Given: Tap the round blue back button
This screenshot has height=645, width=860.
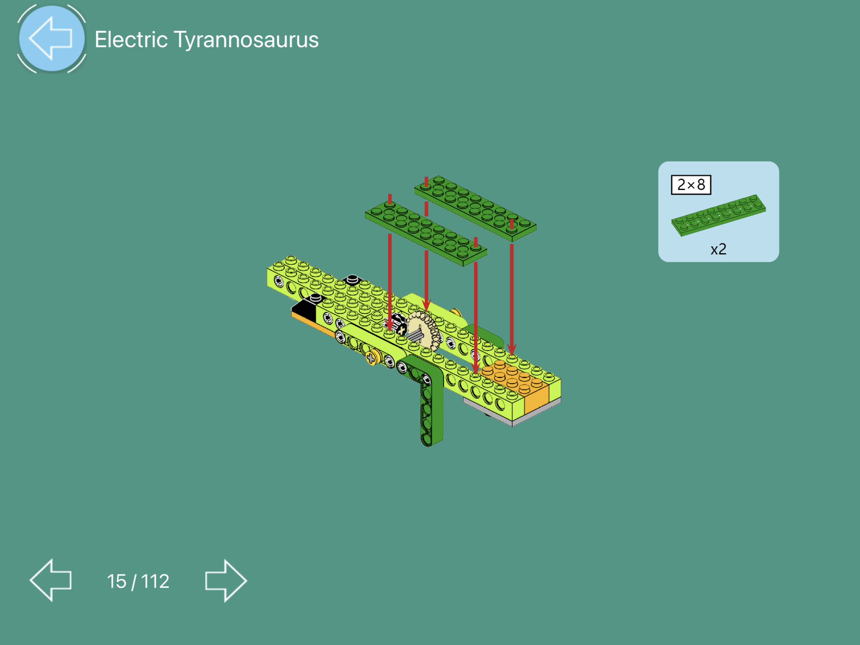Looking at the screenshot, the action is click(52, 39).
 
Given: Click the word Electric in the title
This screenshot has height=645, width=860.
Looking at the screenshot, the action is click(131, 39).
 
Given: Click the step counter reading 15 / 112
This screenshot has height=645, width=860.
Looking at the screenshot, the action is click(138, 581).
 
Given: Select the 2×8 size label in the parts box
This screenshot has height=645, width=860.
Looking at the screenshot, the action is click(691, 185).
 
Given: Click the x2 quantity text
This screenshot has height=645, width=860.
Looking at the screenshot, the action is click(718, 249).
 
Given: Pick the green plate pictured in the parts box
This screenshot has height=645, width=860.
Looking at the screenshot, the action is click(718, 215).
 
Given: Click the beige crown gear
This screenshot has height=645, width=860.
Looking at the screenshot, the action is click(423, 330).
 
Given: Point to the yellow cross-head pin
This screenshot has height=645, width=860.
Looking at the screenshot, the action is click(372, 357).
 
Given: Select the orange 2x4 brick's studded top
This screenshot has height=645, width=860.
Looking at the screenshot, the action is click(513, 374).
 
